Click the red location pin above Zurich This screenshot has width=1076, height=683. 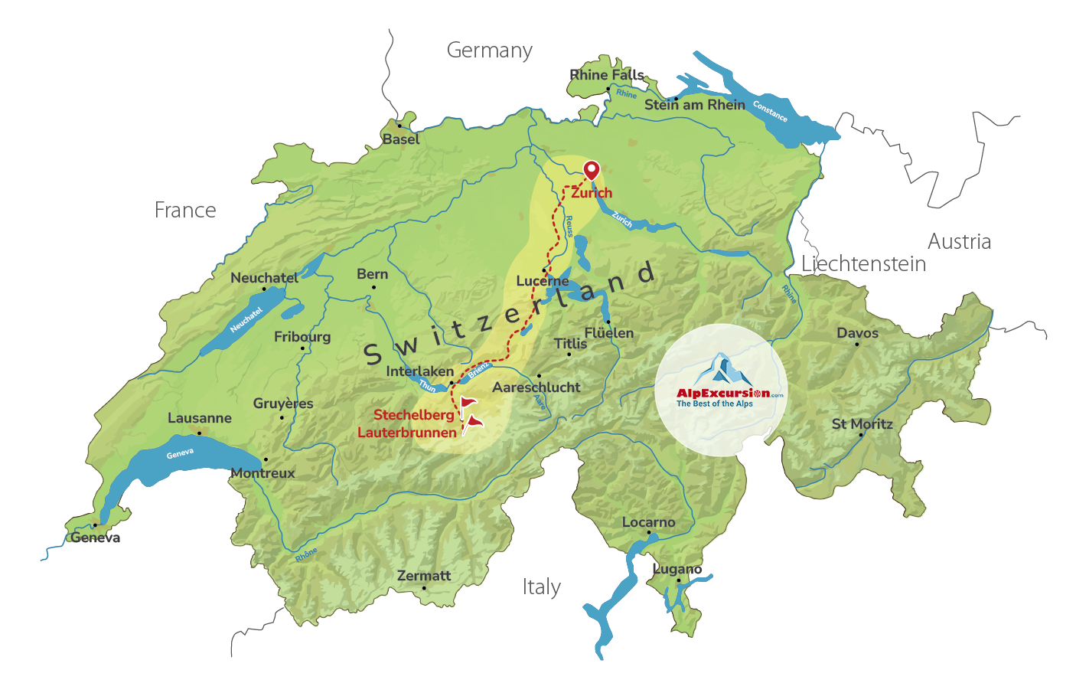[591, 169]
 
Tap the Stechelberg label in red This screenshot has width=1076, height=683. [413, 415]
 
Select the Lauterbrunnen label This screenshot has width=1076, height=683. [407, 433]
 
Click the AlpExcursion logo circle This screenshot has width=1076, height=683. [721, 390]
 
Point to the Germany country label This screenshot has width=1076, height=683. [489, 51]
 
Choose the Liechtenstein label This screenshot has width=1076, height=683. [863, 264]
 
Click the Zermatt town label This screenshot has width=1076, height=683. [424, 576]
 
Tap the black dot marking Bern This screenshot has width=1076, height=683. [373, 288]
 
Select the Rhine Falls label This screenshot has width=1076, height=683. [607, 75]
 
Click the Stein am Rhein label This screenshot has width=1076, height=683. [694, 105]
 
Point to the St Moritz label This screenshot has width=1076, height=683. [862, 424]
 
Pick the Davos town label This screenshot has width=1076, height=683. [857, 333]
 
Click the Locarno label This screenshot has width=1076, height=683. [648, 522]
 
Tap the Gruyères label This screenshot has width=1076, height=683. [283, 404]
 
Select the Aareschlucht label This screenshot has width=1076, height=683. [536, 387]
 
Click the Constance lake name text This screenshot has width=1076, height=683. [770, 112]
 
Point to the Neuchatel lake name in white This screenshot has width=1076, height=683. [246, 319]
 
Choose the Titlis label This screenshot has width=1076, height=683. [570, 344]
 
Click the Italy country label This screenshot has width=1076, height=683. [541, 587]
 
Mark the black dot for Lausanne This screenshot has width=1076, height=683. [200, 433]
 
